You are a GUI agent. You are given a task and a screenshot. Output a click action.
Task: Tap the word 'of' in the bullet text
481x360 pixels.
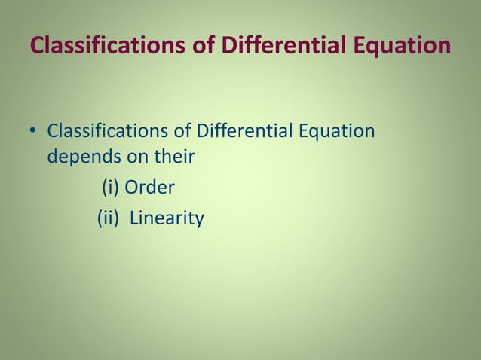pyautogui.click(x=181, y=131)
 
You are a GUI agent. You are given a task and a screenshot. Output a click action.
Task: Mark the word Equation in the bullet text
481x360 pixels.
pyautogui.click(x=337, y=131)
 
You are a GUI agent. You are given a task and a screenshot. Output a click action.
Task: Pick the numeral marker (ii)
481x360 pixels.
pyautogui.click(x=109, y=218)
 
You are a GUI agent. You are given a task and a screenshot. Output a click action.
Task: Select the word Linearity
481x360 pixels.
pyautogui.click(x=167, y=218)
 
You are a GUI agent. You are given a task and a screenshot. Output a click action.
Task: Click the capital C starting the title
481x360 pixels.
pyautogui.click(x=37, y=45)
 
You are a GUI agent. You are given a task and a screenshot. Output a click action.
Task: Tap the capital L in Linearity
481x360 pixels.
pyautogui.click(x=134, y=218)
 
